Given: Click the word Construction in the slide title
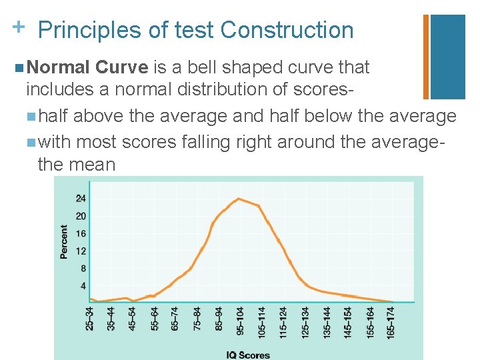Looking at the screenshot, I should (x=287, y=30).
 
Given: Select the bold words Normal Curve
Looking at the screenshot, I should (x=89, y=67).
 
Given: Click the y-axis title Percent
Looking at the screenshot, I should (x=64, y=241).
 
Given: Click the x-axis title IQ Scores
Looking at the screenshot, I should (x=248, y=355).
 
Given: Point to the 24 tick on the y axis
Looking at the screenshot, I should (x=81, y=199).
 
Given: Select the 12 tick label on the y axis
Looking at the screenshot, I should (x=81, y=251).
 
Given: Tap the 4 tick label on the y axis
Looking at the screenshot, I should (x=83, y=285).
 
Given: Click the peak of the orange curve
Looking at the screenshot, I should (x=239, y=199).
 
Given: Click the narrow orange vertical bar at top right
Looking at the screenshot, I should (x=426, y=57).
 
